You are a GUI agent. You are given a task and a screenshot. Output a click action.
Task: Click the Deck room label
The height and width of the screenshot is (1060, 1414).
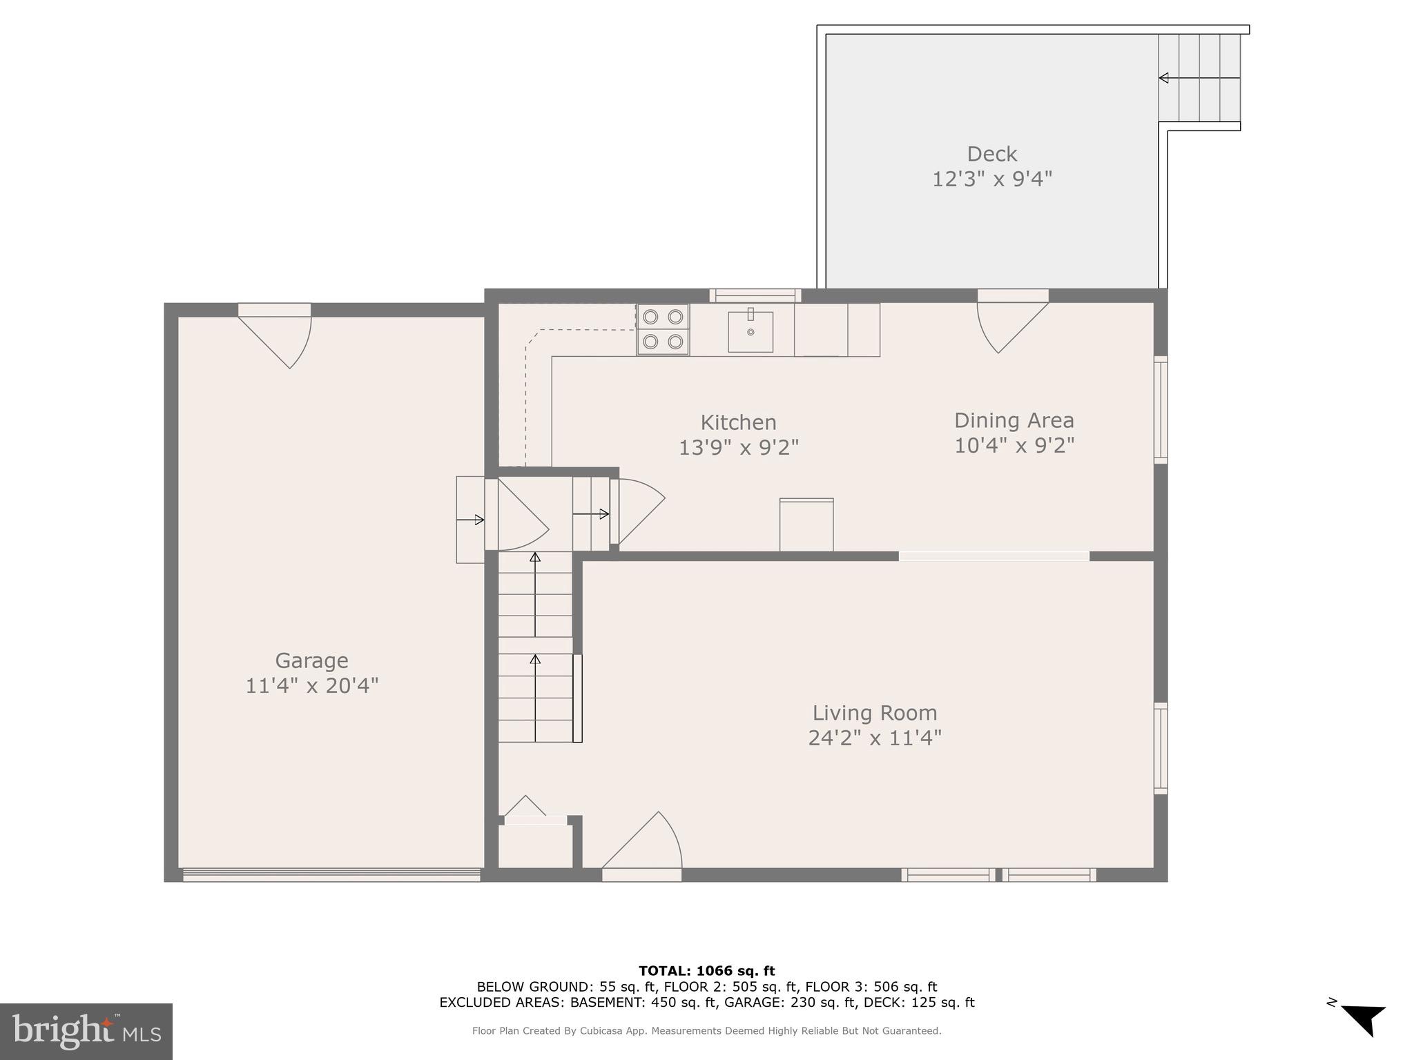coord(991,154)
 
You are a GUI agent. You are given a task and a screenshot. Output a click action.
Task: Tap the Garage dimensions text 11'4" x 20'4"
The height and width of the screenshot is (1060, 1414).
coord(312,686)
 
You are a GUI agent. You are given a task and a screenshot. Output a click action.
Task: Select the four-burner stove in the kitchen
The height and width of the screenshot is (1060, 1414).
coord(663,329)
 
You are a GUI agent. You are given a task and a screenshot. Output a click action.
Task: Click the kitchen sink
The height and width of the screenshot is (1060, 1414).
coord(750,332)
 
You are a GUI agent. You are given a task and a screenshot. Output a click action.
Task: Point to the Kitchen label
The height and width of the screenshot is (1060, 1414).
coord(738,422)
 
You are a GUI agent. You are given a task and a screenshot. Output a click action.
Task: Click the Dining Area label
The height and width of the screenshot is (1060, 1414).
coord(1014,420)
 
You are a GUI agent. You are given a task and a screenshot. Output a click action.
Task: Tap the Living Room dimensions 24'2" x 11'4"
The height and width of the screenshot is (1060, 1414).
coord(875,738)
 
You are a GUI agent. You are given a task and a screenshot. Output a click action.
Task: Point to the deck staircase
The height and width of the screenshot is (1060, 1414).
coord(1199,78)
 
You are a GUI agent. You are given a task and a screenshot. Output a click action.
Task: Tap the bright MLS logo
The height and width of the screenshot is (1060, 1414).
coord(86,1031)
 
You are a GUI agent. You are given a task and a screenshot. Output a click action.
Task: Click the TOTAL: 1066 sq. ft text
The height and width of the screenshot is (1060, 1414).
coord(706,971)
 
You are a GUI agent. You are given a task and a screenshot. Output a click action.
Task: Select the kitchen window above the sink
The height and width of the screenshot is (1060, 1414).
coord(755,296)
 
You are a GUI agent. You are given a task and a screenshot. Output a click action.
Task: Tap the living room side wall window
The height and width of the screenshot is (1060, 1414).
coord(1161,748)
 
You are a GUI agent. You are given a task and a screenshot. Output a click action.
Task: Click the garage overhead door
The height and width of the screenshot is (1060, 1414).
coord(331,875)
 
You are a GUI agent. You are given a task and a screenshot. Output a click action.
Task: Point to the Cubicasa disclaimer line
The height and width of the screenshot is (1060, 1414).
coord(706,1031)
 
